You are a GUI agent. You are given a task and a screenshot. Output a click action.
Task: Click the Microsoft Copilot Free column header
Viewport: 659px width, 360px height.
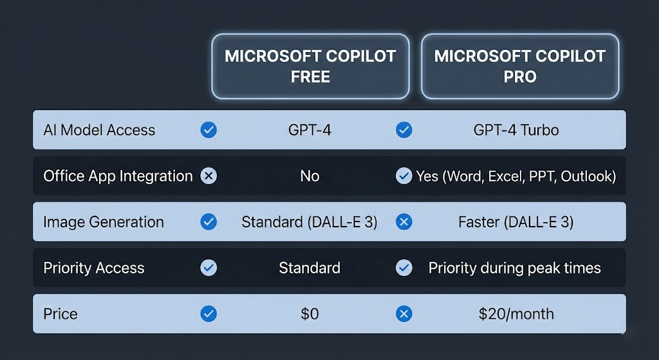click(x=310, y=66)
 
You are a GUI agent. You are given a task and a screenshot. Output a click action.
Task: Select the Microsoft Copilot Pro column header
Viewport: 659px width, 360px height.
click(x=520, y=66)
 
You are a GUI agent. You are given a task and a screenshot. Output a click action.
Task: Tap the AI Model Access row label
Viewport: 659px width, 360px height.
click(x=99, y=130)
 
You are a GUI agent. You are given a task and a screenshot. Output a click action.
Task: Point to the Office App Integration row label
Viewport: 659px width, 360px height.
click(x=118, y=176)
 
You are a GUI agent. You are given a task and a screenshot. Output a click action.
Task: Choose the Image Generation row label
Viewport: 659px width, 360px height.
click(x=104, y=222)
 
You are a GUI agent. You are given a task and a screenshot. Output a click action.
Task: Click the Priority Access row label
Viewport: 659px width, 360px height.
click(x=94, y=268)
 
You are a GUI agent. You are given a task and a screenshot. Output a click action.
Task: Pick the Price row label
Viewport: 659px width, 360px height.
click(x=60, y=314)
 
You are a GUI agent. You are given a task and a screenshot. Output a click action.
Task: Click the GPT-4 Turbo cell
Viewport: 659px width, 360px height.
click(x=516, y=130)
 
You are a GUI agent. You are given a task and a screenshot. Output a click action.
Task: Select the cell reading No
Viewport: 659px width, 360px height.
click(x=310, y=176)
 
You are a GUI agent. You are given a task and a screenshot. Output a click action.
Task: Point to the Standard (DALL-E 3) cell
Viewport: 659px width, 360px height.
click(x=310, y=222)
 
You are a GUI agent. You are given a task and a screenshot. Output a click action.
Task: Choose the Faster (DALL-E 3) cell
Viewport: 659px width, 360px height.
click(x=516, y=222)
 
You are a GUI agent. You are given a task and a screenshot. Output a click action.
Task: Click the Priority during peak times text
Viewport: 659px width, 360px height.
click(x=515, y=268)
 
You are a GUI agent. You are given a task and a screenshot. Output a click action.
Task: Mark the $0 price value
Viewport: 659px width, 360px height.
click(x=310, y=314)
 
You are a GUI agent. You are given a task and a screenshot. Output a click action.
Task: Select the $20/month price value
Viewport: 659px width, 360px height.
click(x=516, y=314)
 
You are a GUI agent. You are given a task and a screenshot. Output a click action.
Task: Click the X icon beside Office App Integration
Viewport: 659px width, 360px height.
click(x=209, y=176)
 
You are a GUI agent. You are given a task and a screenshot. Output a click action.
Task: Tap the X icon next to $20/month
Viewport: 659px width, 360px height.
click(x=404, y=314)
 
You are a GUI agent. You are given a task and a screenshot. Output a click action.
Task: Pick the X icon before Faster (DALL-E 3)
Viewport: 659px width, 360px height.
click(x=404, y=222)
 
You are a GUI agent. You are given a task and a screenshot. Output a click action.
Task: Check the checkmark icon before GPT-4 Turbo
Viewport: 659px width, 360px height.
click(x=404, y=130)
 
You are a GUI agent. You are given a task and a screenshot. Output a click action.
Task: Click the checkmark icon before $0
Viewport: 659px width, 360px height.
click(x=209, y=314)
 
